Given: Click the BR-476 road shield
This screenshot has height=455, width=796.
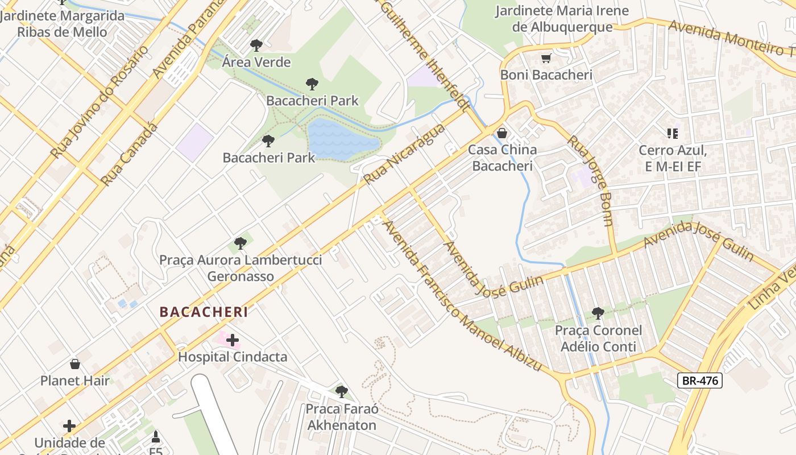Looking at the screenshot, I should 699,380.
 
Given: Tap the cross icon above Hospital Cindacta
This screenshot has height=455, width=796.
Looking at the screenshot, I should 233,340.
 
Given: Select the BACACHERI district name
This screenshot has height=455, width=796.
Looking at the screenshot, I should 204,312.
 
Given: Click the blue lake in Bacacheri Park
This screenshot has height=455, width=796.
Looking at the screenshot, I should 341,139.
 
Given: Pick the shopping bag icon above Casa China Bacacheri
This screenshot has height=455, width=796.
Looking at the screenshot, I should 502,133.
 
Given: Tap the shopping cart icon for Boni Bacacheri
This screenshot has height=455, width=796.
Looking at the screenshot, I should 546,58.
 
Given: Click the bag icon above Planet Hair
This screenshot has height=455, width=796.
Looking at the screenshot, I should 74,364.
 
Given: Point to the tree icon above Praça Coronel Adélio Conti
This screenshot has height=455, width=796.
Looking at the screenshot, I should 598,313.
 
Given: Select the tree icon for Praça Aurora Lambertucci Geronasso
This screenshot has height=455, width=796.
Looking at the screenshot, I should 241,243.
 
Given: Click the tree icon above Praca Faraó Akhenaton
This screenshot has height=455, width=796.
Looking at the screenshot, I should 341,391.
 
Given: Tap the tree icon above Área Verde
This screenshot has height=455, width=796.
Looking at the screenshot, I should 256,45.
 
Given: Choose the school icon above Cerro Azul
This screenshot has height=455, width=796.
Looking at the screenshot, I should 673,134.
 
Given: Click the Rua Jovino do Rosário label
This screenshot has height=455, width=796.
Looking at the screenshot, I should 100,102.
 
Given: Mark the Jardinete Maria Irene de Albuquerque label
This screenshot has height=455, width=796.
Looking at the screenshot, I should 562,19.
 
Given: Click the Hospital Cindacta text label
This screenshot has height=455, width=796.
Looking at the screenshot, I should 233,357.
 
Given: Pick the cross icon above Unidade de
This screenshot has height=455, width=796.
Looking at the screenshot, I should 69,426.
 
